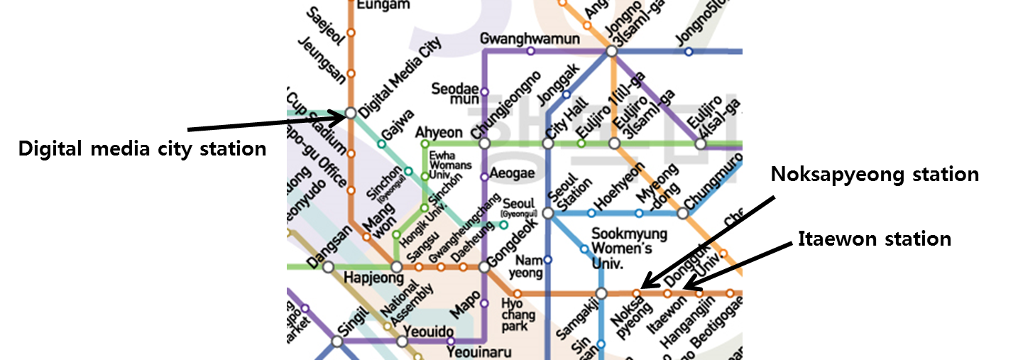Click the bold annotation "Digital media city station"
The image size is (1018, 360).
pyautogui.click(x=142, y=149)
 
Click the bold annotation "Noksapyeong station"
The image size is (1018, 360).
pyautogui.click(x=875, y=175)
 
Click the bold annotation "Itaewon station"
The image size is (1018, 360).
pyautogui.click(x=875, y=239)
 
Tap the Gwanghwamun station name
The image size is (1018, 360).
pyautogui.click(x=530, y=38)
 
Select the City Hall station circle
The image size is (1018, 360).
pyautogui.click(x=548, y=143)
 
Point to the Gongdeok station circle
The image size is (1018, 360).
pyautogui.click(x=484, y=267)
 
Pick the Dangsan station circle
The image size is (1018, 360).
pyautogui.click(x=328, y=267)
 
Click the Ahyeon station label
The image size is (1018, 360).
pyautogui.click(x=439, y=133)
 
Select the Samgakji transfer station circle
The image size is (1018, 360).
pyautogui.click(x=601, y=293)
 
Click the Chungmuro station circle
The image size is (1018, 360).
pyautogui.click(x=683, y=213)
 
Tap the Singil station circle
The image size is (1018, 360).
pyautogui.click(x=337, y=342)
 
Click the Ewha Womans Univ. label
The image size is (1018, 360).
pyautogui.click(x=446, y=165)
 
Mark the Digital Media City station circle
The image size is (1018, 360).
pyautogui.click(x=351, y=113)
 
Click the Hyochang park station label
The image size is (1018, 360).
pyautogui.click(x=514, y=315)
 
